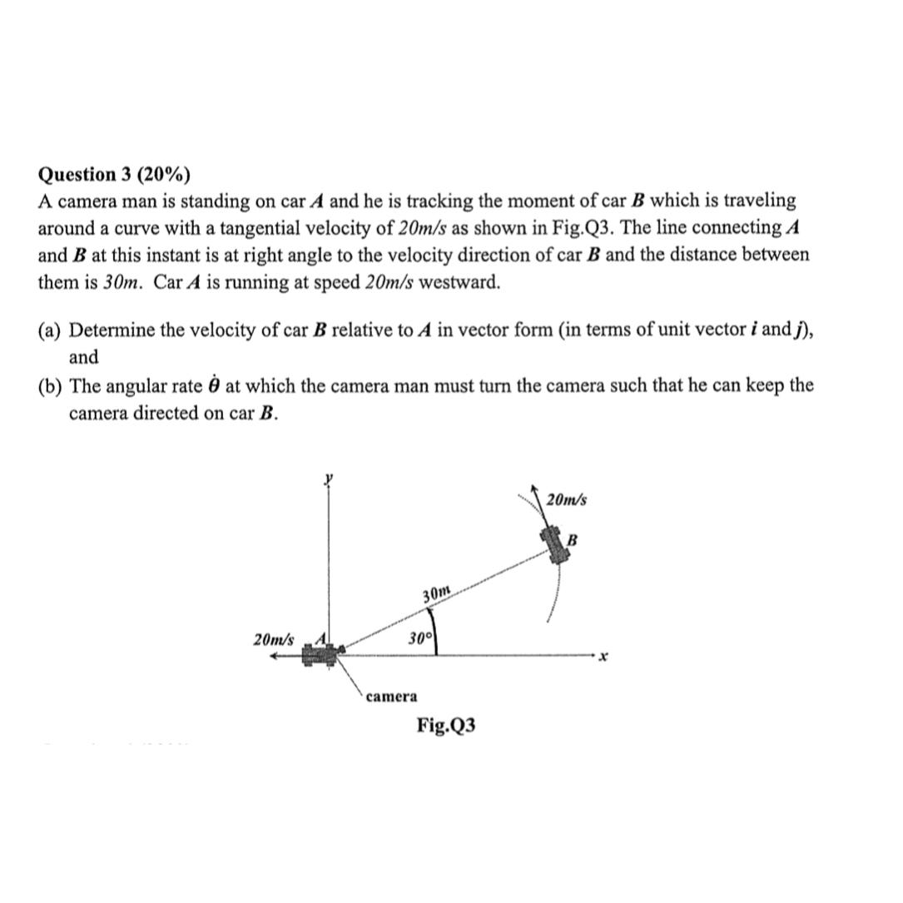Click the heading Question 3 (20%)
click(114, 175)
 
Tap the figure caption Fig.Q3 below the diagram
click(446, 725)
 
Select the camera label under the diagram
click(392, 695)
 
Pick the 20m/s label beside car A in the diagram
click(273, 639)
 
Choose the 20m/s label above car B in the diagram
click(567, 500)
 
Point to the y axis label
click(329, 479)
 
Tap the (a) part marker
click(51, 330)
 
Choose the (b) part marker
click(51, 386)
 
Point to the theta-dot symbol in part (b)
click(211, 385)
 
